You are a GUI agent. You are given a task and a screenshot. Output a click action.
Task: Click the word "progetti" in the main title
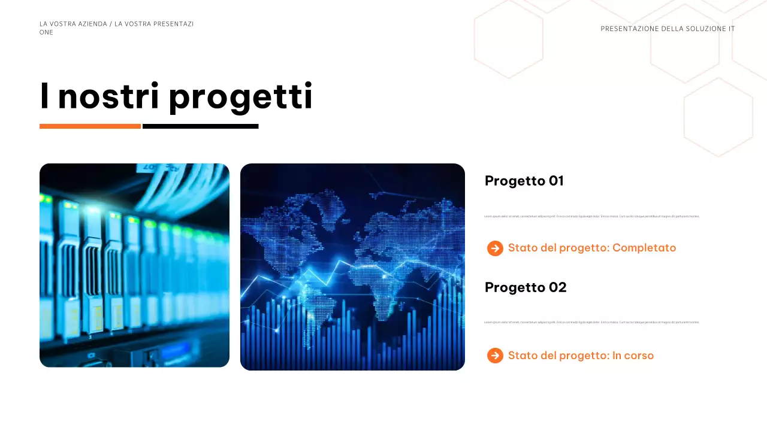click(240, 98)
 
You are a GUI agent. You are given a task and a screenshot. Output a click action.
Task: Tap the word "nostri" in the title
click(108, 98)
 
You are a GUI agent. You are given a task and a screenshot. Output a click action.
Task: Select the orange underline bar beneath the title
click(90, 126)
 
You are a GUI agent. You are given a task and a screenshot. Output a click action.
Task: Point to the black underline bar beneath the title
click(201, 126)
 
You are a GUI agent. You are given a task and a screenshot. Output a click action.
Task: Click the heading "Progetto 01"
click(524, 181)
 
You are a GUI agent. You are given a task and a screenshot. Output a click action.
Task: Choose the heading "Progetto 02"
click(526, 287)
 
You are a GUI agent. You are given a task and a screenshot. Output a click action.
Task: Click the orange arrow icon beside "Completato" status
click(495, 248)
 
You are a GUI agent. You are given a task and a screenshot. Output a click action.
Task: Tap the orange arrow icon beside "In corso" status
click(495, 356)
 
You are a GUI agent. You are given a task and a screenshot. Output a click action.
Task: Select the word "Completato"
click(644, 248)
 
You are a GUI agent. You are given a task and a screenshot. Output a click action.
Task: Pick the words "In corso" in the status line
click(633, 356)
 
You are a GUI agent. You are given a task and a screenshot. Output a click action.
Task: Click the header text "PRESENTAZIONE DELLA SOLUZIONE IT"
click(668, 29)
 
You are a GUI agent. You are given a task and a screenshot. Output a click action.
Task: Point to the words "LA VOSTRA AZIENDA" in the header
click(73, 24)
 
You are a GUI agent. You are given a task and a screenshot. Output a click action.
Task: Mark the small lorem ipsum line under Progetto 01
click(591, 216)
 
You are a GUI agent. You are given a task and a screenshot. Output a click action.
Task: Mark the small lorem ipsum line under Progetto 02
click(591, 322)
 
